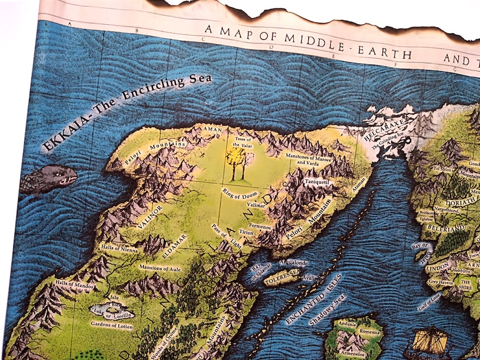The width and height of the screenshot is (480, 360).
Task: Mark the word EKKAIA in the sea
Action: (x=65, y=136)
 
